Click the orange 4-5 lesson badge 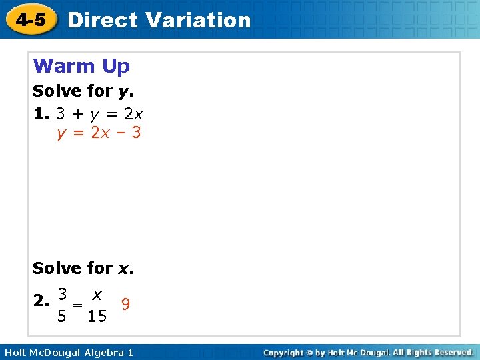coord(31,19)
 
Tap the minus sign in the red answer coord(120,133)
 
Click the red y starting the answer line coord(62,134)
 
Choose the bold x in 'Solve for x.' coord(124,269)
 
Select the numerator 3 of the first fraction coord(61,293)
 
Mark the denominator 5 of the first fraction coord(61,316)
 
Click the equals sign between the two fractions coord(78,304)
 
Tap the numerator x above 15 coord(97,293)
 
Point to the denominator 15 coord(97,316)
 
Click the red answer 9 coord(125,304)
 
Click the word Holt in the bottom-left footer coord(16,352)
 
